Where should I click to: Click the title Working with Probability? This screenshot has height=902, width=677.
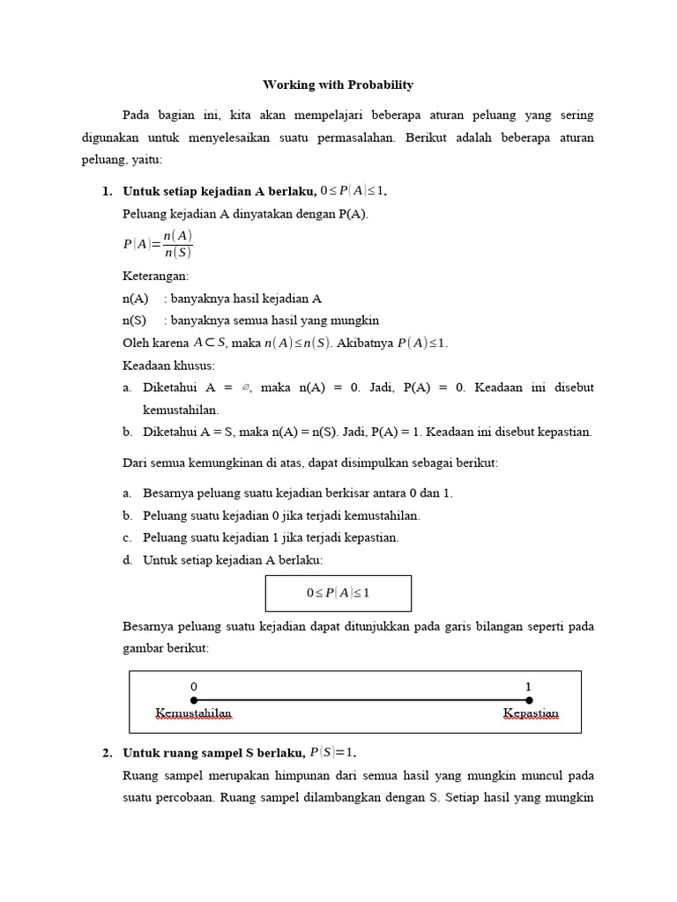click(338, 85)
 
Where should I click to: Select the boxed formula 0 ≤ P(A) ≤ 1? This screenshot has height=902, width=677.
click(338, 593)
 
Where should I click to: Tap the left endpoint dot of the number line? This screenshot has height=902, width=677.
click(194, 700)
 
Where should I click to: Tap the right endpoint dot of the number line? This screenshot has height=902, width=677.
click(528, 700)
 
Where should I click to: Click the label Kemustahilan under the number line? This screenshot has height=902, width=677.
click(193, 713)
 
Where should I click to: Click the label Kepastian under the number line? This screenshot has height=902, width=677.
click(531, 713)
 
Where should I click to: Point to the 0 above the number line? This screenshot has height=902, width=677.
click(194, 686)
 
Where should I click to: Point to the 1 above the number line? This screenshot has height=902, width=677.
click(528, 686)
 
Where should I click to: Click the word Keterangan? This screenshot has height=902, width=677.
click(155, 277)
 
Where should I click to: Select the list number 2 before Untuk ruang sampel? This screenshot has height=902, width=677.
click(108, 753)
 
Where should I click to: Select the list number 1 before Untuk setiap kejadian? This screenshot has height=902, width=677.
click(108, 191)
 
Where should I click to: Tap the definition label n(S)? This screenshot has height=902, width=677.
click(135, 321)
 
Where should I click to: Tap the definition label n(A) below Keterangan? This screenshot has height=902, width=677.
click(136, 299)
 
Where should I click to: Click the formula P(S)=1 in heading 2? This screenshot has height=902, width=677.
click(331, 753)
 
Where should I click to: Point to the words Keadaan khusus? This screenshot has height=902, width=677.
click(168, 365)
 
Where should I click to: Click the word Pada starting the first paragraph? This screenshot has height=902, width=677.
click(137, 115)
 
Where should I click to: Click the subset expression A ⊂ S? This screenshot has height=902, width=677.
click(210, 343)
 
